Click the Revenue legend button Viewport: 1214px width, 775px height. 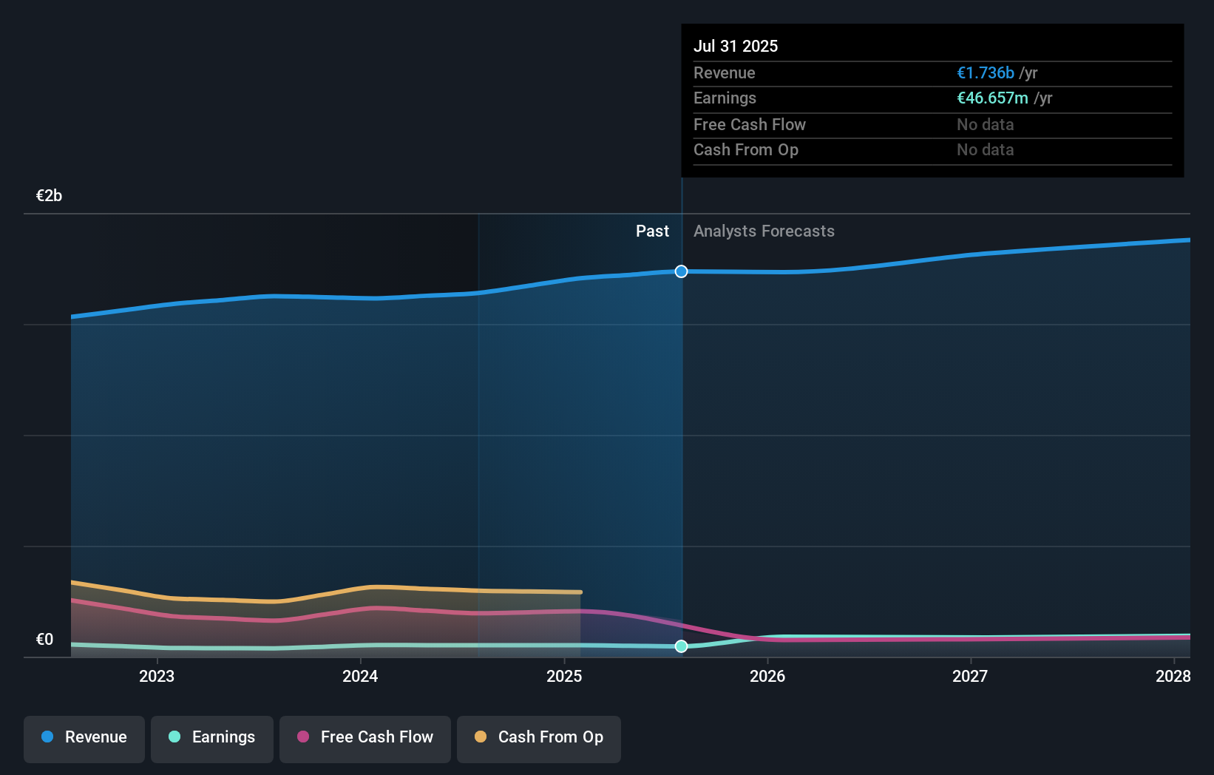(84, 738)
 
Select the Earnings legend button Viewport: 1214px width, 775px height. (212, 738)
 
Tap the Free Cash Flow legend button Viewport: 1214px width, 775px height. (365, 738)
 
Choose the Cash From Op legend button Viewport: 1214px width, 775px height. (539, 738)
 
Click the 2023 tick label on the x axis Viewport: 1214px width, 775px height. (157, 676)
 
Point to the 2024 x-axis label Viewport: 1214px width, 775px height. (360, 676)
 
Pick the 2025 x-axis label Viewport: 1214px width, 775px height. (564, 676)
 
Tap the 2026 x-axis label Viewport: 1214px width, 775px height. (767, 676)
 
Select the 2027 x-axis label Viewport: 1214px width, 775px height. (970, 676)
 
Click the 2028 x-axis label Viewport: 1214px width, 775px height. (1173, 676)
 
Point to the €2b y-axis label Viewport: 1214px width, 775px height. (49, 196)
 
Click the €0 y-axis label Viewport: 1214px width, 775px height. (44, 640)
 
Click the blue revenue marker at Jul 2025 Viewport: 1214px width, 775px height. (681, 271)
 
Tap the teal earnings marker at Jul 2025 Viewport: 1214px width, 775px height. (681, 646)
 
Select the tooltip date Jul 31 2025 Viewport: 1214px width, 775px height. (736, 46)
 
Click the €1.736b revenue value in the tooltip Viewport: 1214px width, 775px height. (985, 72)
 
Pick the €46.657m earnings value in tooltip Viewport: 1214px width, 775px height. (992, 98)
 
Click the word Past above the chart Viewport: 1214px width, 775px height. (652, 231)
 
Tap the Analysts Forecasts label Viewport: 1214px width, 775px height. (764, 231)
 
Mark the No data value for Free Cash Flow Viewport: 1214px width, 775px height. (985, 125)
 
